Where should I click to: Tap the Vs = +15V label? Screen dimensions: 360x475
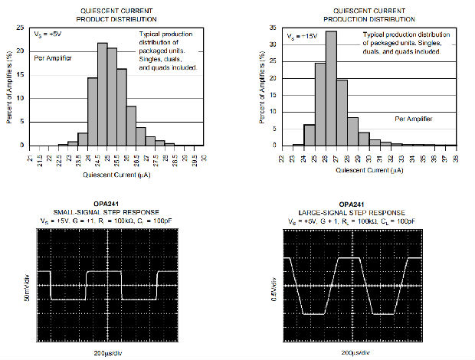tap(301, 36)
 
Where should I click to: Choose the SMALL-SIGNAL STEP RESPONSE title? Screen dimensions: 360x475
tap(108, 211)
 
